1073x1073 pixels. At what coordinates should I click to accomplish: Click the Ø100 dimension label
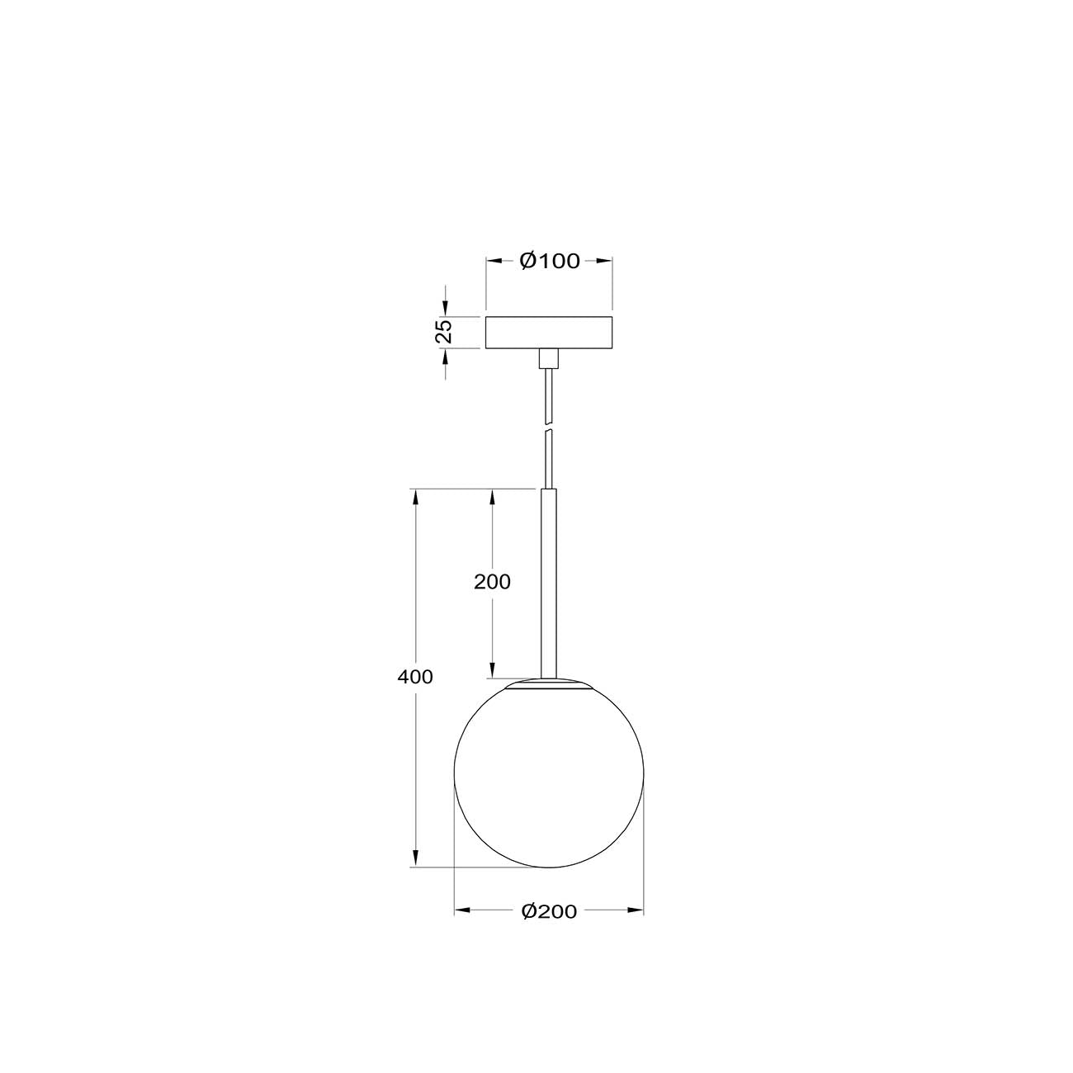549,261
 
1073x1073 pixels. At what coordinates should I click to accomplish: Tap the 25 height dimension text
445,331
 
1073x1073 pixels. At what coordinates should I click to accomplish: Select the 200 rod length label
492,582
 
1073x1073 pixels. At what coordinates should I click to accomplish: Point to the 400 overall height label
415,677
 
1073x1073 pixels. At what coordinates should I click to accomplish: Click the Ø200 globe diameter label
549,911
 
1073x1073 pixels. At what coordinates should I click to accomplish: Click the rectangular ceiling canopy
549,332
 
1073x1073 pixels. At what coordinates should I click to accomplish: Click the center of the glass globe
549,774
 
